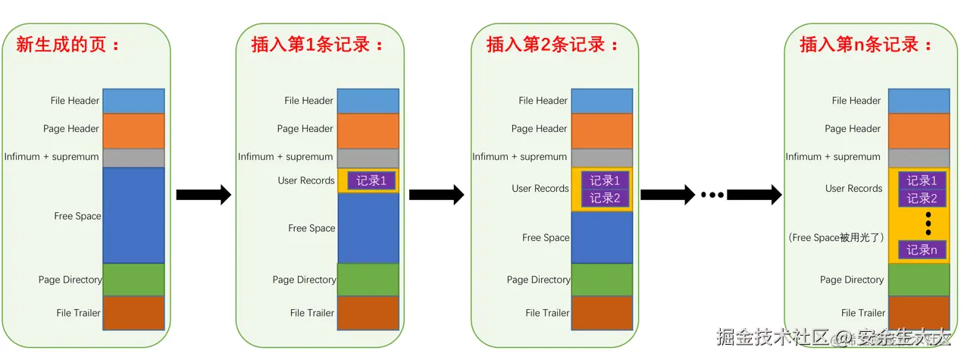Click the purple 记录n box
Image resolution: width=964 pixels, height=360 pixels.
pos(922,250)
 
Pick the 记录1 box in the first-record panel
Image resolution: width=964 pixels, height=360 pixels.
pos(371,181)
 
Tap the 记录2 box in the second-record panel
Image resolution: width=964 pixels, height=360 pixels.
pos(605,199)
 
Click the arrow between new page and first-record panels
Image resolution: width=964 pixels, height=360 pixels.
pos(203,195)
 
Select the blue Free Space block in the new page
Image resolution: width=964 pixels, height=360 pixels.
pos(133,215)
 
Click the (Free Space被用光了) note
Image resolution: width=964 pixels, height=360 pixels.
pos(837,238)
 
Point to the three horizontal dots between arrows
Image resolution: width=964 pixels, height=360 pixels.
pos(712,195)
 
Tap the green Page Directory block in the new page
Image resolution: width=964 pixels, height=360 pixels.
pos(133,280)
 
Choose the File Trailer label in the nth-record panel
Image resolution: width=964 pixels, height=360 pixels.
pos(862,313)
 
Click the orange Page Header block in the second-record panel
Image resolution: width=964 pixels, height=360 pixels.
pos(602,130)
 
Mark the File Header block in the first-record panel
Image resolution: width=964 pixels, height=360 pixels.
pos(368,101)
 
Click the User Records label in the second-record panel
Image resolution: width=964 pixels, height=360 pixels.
pos(540,189)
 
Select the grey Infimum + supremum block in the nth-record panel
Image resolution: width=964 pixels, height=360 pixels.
pos(919,158)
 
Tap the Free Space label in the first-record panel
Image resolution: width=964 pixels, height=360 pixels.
pos(311,228)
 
